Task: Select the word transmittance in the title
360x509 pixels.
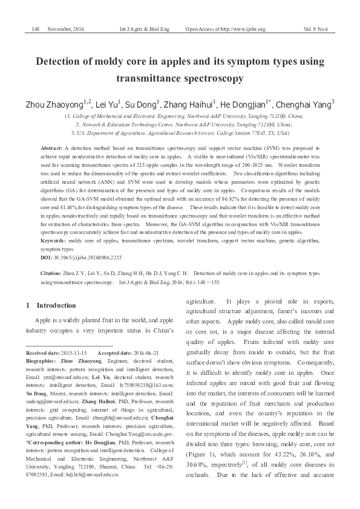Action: tap(149, 78)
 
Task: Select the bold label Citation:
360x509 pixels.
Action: tap(51, 274)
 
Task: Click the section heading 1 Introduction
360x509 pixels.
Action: tap(51, 305)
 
